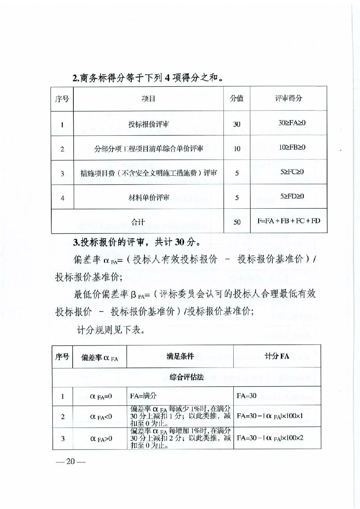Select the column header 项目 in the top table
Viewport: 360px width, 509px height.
[148, 99]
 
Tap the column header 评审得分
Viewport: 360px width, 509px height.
[288, 98]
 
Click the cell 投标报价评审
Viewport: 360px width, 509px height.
[148, 124]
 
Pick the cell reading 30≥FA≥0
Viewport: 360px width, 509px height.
[292, 123]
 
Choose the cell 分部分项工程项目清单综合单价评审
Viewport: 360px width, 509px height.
[148, 149]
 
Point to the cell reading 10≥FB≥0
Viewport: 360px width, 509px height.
[292, 147]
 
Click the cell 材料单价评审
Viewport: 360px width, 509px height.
[149, 197]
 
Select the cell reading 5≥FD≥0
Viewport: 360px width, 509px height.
[292, 196]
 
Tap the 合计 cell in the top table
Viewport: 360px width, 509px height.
[138, 222]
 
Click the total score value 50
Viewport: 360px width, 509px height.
[237, 222]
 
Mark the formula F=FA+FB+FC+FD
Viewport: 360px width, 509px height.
[289, 221]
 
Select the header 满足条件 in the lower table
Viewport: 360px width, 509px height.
[180, 356]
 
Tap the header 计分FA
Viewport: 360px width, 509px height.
[277, 356]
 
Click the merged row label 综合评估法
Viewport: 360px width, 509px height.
[186, 377]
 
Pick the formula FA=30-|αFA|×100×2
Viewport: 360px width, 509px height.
[270, 438]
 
